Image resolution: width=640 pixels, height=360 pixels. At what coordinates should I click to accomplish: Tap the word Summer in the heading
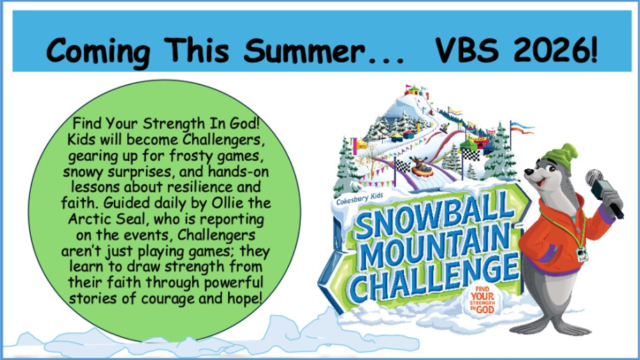(x=304, y=50)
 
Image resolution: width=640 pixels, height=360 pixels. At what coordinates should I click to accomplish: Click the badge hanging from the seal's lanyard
(x=582, y=254)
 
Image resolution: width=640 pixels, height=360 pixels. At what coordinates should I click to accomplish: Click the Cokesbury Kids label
(x=359, y=199)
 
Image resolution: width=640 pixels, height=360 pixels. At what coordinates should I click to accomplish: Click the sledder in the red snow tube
(x=422, y=167)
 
